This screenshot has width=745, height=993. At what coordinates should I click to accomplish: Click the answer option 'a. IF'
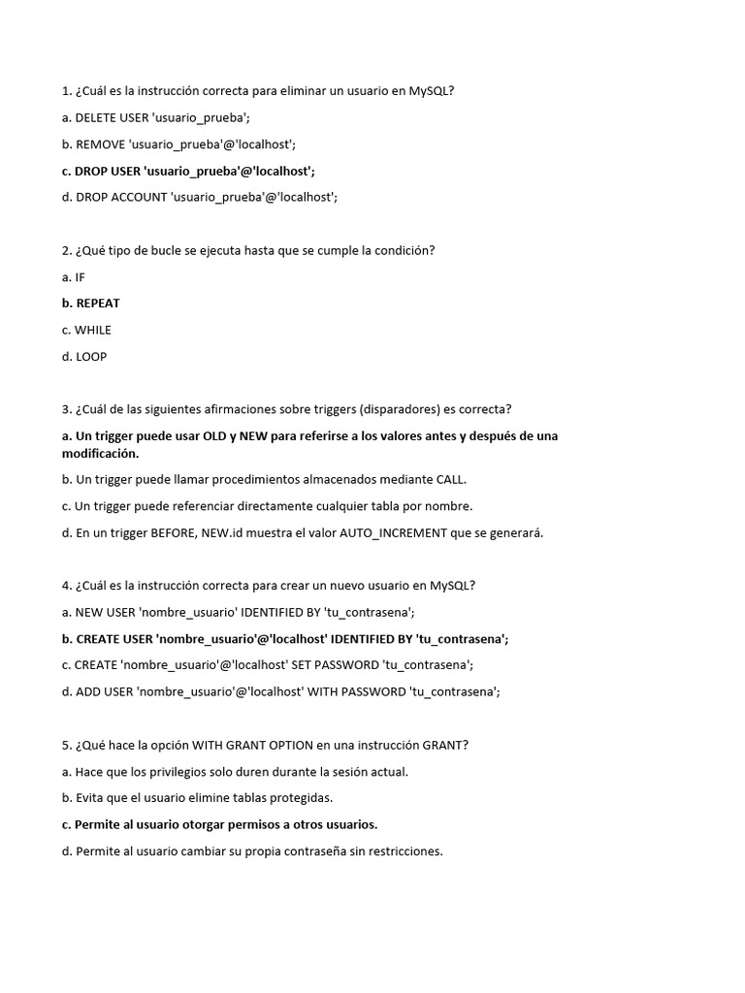pos(74,277)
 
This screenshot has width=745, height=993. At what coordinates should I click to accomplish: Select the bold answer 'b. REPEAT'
pos(90,304)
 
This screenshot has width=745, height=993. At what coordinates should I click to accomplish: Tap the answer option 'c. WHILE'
pos(86,330)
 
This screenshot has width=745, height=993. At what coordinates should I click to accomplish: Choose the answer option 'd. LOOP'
pos(84,357)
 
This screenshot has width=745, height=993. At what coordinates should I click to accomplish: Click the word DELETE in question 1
pos(95,118)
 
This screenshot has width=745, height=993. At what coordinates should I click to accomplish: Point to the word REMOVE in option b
pos(99,144)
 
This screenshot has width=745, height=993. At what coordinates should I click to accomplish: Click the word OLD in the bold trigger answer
pos(215,436)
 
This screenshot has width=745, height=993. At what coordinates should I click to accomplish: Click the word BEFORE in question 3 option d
pos(174,533)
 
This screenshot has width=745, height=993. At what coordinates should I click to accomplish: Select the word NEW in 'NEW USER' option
pos(90,613)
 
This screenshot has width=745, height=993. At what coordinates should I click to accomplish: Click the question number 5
pos(65,746)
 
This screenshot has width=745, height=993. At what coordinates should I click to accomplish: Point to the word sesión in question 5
pos(346,772)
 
